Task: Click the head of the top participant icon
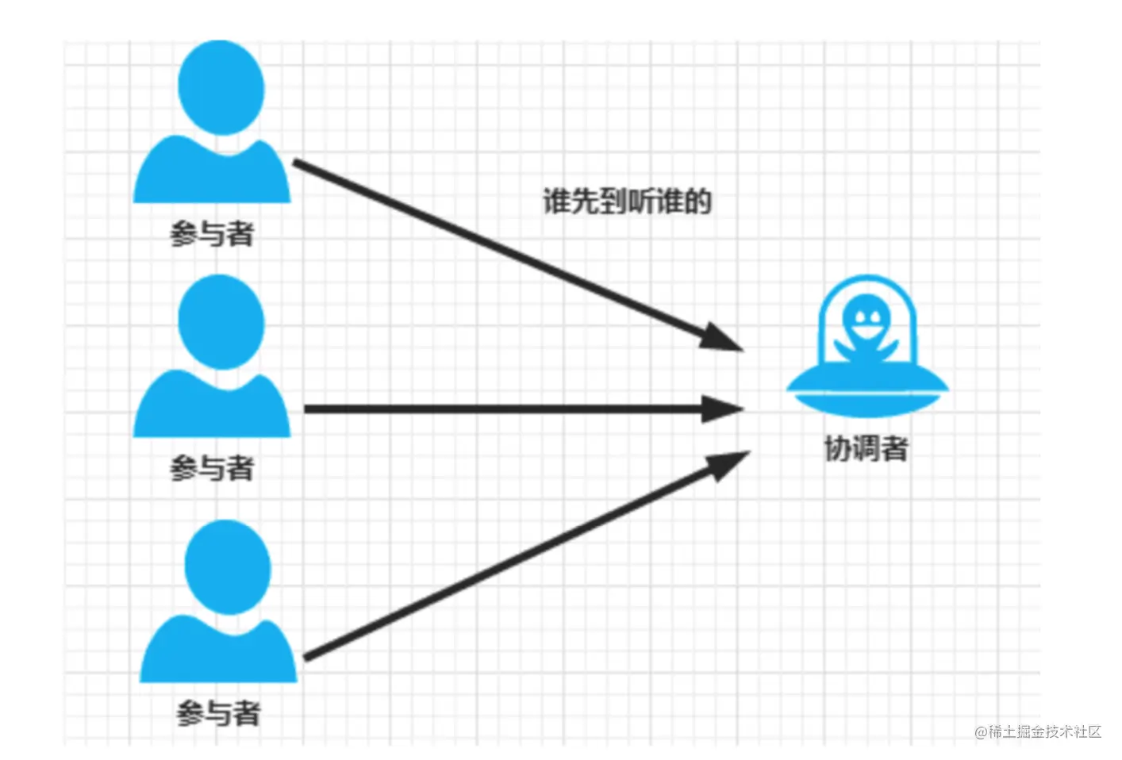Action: tap(221, 87)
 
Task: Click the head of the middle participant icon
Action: tap(221, 321)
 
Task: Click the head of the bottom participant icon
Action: tap(228, 567)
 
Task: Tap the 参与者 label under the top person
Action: tap(212, 234)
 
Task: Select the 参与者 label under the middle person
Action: tap(212, 468)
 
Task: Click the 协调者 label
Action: tap(866, 448)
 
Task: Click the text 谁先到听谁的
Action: tap(627, 202)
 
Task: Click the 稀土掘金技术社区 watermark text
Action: tap(1044, 731)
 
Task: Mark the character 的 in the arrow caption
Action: tap(697, 202)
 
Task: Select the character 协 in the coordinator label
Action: tap(838, 448)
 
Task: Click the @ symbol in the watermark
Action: tap(981, 732)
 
